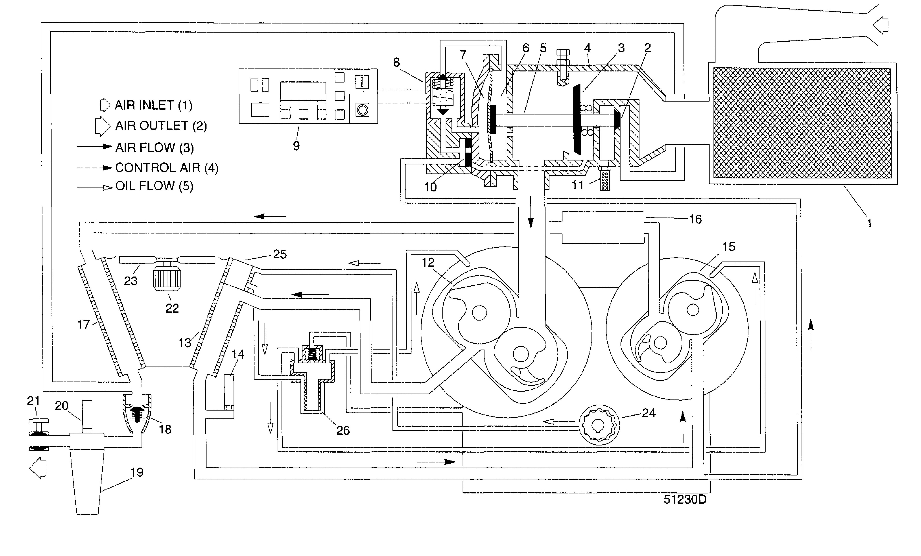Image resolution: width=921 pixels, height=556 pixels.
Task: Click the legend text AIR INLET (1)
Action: coord(153,105)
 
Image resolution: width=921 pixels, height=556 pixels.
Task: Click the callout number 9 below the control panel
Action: coord(296,146)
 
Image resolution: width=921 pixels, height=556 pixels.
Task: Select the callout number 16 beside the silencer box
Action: coord(695,219)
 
